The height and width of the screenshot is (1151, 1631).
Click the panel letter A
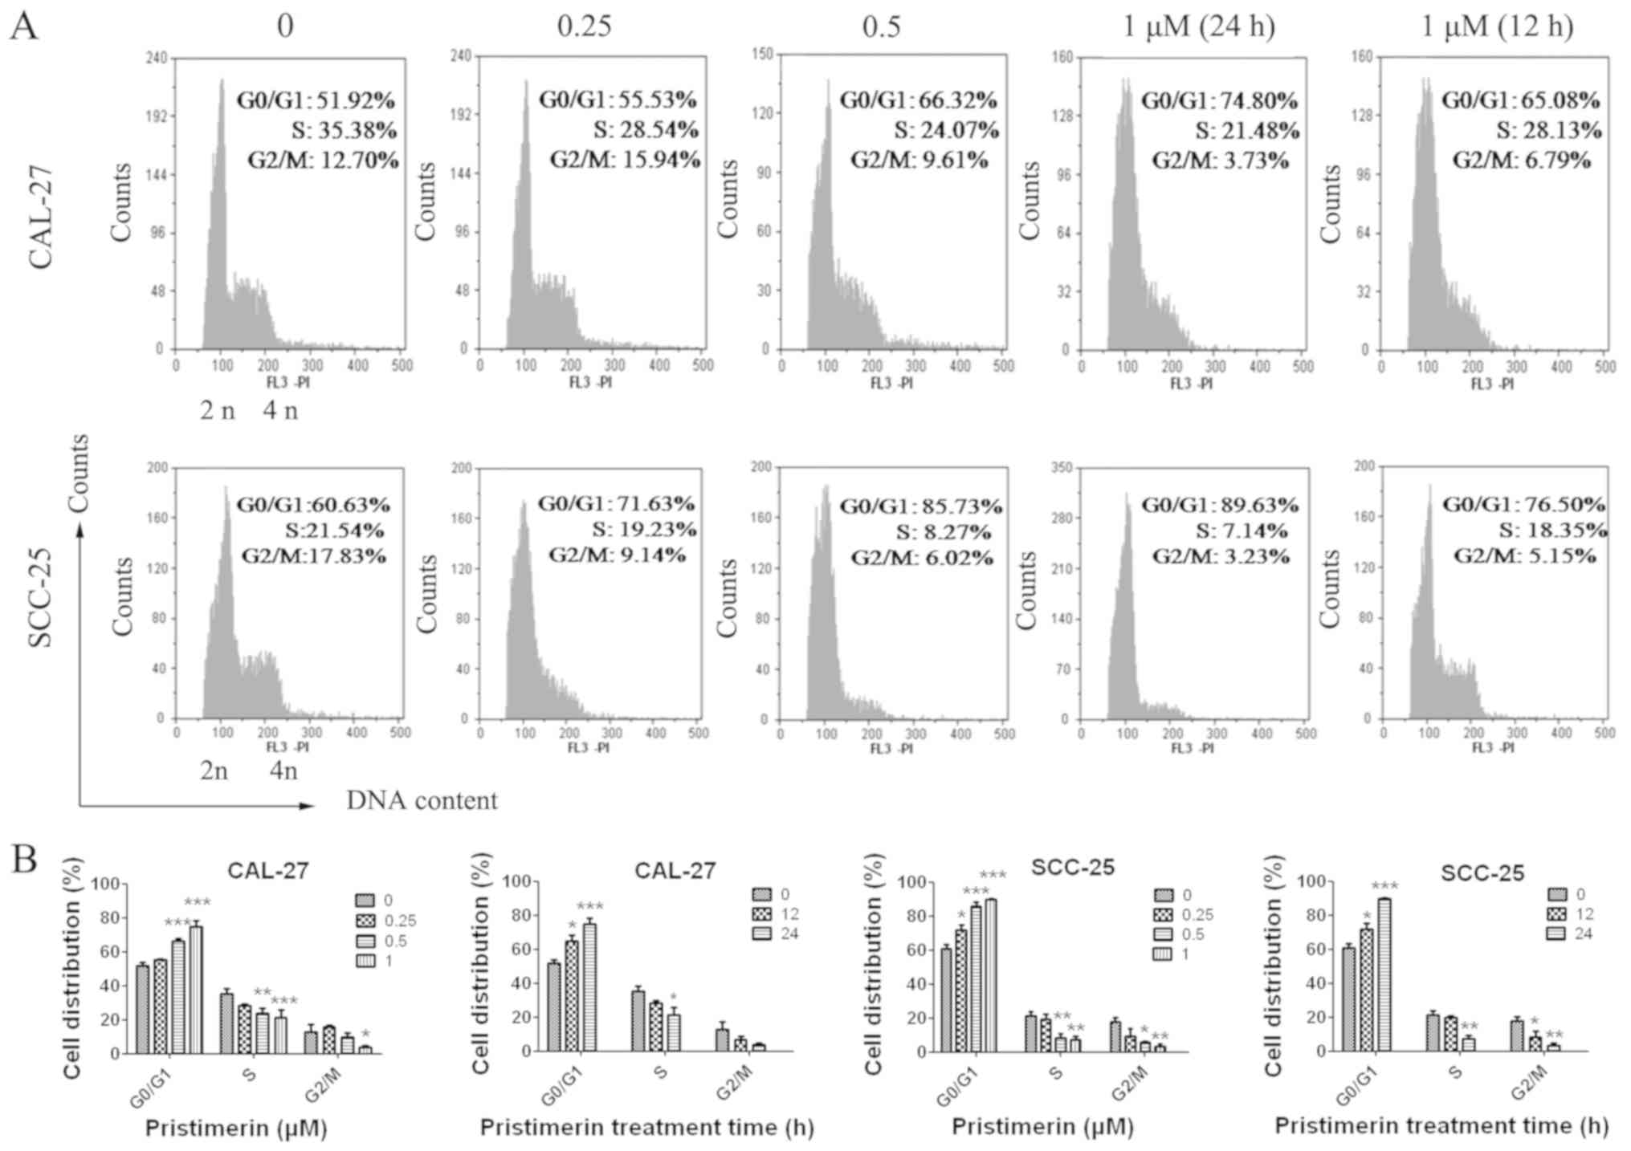coord(23,26)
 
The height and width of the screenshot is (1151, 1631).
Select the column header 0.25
coord(584,26)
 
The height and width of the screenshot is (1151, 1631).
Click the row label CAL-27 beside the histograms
coord(40,216)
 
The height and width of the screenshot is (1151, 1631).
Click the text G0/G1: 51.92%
coord(316,101)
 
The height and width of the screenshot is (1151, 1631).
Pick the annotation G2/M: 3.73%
coord(1221,161)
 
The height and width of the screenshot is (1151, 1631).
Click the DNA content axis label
coord(422,801)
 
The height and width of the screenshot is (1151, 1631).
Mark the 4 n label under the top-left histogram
coord(280,411)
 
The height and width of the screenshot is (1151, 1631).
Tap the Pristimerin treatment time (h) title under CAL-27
coord(646,1128)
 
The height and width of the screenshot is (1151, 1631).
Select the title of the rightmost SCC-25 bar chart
coord(1482,872)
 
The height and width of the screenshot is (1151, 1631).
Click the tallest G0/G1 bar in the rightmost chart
coord(1383,974)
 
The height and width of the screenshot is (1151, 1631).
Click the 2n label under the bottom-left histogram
coord(214,771)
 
